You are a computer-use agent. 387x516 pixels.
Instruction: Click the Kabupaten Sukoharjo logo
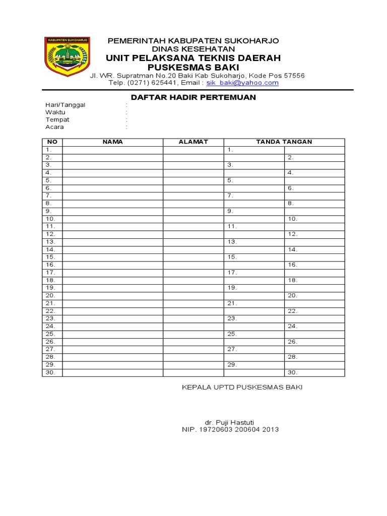point(67,57)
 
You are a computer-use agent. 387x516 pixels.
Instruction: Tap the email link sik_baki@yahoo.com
point(242,83)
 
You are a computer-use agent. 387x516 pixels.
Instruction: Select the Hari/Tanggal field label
point(66,105)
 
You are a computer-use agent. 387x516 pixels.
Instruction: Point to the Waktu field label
point(55,112)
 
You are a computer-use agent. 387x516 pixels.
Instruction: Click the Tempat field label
point(57,120)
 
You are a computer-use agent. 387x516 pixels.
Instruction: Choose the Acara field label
point(55,127)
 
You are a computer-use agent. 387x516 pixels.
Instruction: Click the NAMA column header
point(112,142)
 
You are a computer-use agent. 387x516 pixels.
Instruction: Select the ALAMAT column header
point(193,142)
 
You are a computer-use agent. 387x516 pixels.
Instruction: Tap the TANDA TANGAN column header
point(284,142)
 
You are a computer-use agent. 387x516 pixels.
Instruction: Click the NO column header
point(52,142)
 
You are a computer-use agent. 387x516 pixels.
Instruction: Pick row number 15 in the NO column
point(50,257)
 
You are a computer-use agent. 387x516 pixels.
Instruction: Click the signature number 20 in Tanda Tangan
point(292,295)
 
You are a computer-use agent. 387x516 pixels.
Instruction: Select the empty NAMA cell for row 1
point(112,150)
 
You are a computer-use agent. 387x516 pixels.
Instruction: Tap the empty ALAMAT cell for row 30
point(193,372)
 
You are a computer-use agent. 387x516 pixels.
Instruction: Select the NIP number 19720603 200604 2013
point(230,430)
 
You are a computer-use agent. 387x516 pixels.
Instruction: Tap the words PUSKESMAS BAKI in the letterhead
point(193,68)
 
